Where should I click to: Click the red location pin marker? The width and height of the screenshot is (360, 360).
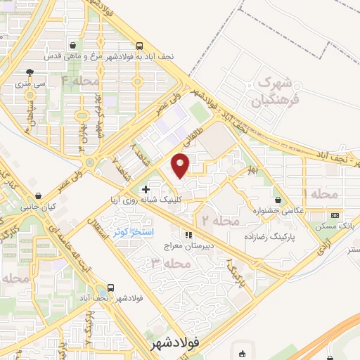click(x=181, y=165)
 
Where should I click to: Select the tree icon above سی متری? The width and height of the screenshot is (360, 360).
click(x=30, y=72)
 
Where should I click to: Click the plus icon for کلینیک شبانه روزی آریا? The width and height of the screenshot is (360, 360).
click(x=145, y=189)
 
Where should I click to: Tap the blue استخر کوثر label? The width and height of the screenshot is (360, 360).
click(x=133, y=232)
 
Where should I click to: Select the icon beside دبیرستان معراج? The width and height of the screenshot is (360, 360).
click(x=188, y=235)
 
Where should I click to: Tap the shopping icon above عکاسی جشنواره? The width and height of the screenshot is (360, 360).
click(x=280, y=199)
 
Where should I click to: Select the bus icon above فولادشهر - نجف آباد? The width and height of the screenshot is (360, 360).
click(x=110, y=288)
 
